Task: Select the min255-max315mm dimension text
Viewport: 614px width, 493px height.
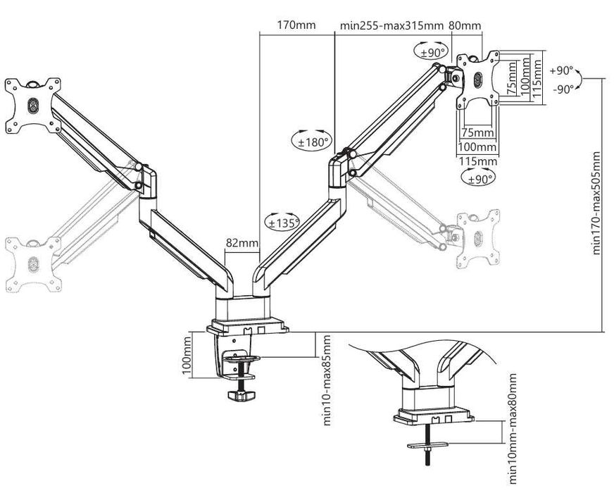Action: (x=391, y=25)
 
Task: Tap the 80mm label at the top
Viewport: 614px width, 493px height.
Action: (x=465, y=25)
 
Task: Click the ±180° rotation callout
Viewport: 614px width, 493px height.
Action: (x=311, y=141)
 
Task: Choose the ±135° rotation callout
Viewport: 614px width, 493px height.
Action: (x=282, y=222)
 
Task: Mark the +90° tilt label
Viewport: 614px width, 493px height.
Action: (x=562, y=71)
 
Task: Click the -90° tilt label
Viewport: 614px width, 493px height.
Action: (x=562, y=89)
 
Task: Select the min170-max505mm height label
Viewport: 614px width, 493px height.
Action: (x=597, y=202)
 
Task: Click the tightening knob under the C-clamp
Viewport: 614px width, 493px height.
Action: (x=244, y=396)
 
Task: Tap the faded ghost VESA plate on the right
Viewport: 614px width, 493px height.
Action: (x=477, y=238)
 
